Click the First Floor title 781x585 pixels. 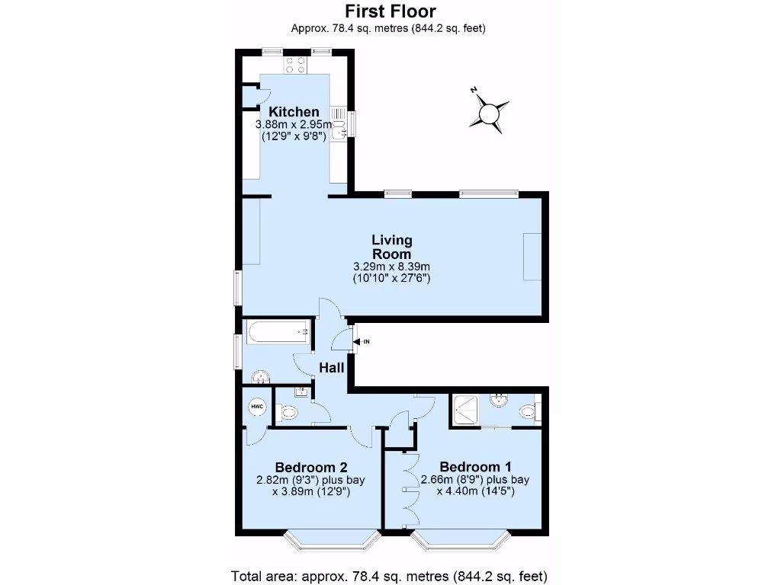(390, 11)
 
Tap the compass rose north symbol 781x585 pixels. (488, 115)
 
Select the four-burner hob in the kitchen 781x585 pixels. (296, 66)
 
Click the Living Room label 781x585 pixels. (392, 248)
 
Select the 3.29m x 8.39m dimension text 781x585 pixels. (392, 267)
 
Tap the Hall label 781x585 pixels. (332, 368)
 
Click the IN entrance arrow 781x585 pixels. (358, 341)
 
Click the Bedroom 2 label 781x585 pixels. (311, 467)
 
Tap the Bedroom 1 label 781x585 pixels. (475, 467)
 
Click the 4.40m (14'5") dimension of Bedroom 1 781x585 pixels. (475, 491)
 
